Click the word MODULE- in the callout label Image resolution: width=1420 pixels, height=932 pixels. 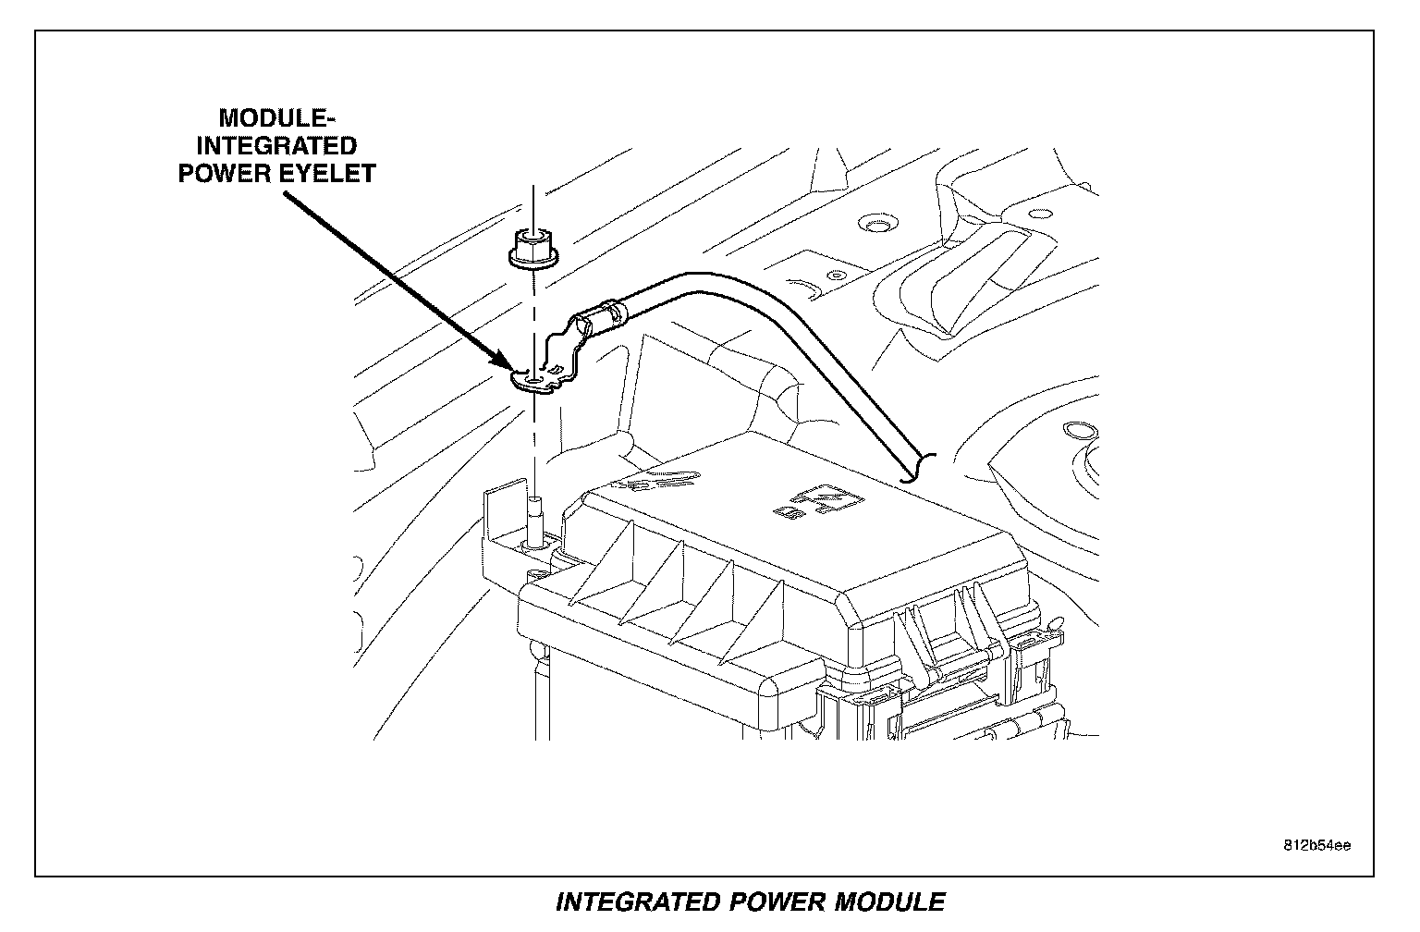click(x=271, y=118)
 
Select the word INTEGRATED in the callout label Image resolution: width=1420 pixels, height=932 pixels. click(x=277, y=146)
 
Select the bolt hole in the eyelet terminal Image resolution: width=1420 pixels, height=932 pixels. click(x=535, y=379)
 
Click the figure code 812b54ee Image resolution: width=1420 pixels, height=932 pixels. click(x=1316, y=845)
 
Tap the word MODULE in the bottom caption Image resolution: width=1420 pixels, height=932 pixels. click(x=889, y=901)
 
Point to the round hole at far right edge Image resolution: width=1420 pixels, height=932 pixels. click(x=1078, y=430)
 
